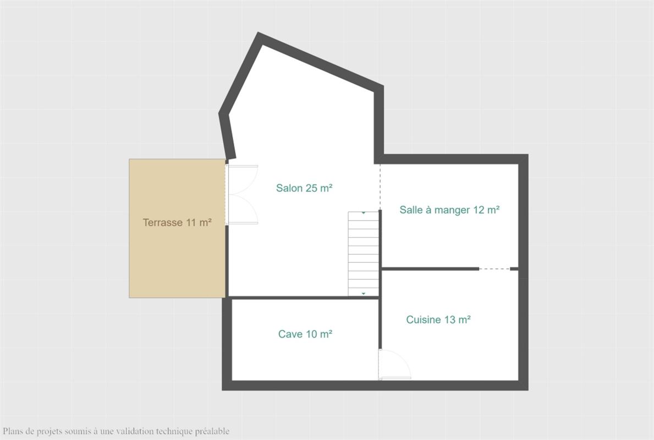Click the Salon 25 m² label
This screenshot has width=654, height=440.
[x=304, y=188]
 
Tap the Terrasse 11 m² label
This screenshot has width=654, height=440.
[x=177, y=222]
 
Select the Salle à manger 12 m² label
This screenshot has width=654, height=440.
[x=449, y=210]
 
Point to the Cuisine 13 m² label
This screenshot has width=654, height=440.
[x=438, y=320]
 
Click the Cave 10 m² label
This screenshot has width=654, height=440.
[x=305, y=334]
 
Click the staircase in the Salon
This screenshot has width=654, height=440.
[x=363, y=254]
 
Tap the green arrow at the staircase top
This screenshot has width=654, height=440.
[x=364, y=213]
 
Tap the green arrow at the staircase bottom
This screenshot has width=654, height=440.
[x=364, y=294]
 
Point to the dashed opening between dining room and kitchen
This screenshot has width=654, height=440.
[x=494, y=269]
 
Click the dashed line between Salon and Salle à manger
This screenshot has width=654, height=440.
[x=380, y=187]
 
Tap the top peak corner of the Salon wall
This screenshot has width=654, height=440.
[x=259, y=32]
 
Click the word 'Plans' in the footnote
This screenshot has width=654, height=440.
[x=13, y=431]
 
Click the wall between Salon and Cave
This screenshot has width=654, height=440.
[x=303, y=298]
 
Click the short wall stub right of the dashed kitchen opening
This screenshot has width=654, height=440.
[x=514, y=269]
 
